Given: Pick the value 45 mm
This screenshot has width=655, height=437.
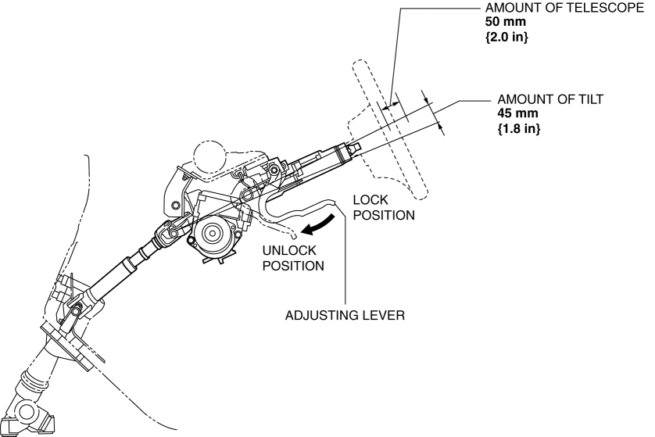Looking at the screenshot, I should pos(515,114).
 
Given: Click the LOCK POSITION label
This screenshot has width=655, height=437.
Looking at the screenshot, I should pos(383,207).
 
